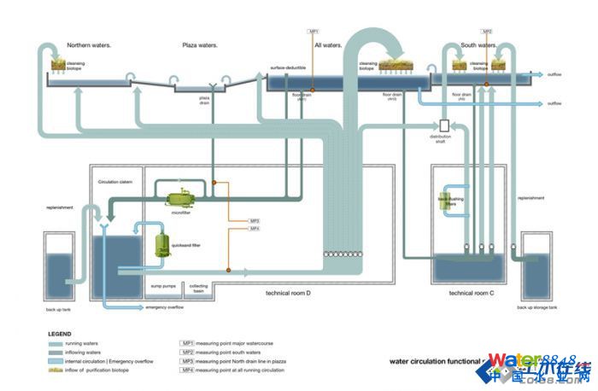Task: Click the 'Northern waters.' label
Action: (89, 44)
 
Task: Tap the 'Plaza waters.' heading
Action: (200, 44)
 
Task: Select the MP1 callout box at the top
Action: (313, 32)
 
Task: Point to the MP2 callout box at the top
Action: (487, 32)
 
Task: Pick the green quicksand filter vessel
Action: (162, 245)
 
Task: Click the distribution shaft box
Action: (444, 125)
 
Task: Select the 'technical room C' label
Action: (472, 293)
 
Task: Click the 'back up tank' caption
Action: (57, 309)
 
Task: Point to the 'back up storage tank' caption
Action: (539, 307)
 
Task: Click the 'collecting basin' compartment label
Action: (198, 289)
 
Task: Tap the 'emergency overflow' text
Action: (166, 306)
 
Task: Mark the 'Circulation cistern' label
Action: (115, 182)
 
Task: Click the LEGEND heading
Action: (60, 334)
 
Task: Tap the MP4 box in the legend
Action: (187, 371)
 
